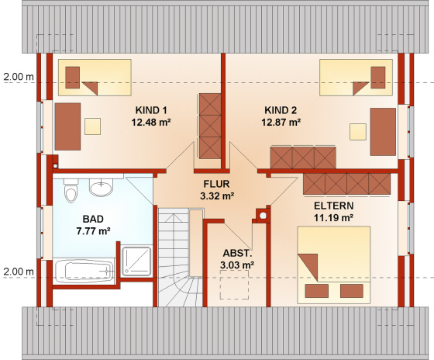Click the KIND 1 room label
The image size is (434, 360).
(151, 110)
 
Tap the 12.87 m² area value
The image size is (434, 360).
(281, 122)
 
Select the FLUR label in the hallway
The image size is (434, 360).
(217, 184)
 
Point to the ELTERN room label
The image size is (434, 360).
(333, 206)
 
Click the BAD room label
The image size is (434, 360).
(93, 219)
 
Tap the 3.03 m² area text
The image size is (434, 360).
(237, 265)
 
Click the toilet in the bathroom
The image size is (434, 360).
(71, 191)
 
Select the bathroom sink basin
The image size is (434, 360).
(101, 187)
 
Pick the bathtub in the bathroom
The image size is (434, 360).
(84, 271)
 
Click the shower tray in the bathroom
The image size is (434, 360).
(136, 261)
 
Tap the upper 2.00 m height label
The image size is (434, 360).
(19, 77)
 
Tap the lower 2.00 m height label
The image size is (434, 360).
(19, 272)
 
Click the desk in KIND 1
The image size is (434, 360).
(67, 126)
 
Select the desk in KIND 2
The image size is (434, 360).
(383, 132)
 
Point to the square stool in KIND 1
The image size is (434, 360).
(92, 126)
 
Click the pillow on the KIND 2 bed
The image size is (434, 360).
(378, 78)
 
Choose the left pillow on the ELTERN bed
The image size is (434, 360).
(317, 291)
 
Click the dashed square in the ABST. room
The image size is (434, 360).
(234, 285)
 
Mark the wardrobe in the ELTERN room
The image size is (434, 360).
(347, 184)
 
